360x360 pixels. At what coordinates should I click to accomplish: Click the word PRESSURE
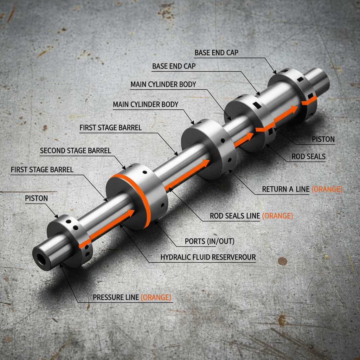[x=109, y=297]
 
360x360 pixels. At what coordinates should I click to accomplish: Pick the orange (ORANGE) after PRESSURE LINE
[x=156, y=297]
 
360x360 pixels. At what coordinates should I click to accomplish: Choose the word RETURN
[x=275, y=189]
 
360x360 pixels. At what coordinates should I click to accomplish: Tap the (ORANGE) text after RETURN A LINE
[x=327, y=189]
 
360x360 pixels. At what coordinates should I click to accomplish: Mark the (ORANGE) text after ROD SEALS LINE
[x=277, y=216]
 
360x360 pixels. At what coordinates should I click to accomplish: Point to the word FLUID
[x=201, y=257]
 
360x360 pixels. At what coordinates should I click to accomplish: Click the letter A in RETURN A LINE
[x=291, y=189]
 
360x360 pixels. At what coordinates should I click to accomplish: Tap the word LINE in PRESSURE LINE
[x=132, y=297]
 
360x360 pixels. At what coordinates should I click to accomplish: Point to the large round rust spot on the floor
[x=282, y=261]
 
